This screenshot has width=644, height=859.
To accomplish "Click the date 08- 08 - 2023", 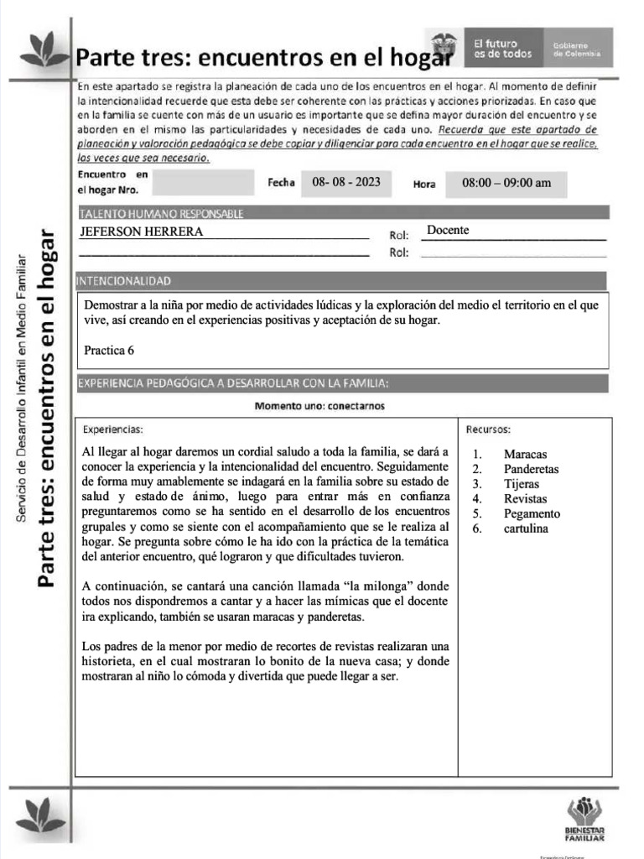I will pyautogui.click(x=345, y=182).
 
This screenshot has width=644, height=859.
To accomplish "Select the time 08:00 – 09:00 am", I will pyautogui.click(x=506, y=183).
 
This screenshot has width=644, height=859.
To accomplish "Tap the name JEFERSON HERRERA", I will pyautogui.click(x=141, y=232).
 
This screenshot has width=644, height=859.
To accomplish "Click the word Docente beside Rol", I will pyautogui.click(x=448, y=230).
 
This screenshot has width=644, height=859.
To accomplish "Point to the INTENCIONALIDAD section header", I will pyautogui.click(x=124, y=280).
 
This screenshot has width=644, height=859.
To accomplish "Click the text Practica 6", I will pyautogui.click(x=109, y=350).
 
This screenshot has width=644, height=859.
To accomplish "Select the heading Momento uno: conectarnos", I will pyautogui.click(x=320, y=406).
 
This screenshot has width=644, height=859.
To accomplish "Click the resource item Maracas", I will pyautogui.click(x=525, y=455).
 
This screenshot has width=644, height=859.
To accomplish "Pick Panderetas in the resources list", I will pyautogui.click(x=531, y=470).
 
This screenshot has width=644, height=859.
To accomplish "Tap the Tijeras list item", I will pyautogui.click(x=522, y=484).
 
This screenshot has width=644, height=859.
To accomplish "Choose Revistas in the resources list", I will pyautogui.click(x=525, y=499).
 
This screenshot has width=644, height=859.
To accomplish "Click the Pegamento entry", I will pyautogui.click(x=532, y=514).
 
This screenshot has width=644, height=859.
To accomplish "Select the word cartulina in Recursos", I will pyautogui.click(x=526, y=529).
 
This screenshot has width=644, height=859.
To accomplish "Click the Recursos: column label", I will pyautogui.click(x=489, y=429).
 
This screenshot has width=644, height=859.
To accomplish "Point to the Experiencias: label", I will pyautogui.click(x=113, y=429).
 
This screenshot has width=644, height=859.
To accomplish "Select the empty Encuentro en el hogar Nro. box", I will pyautogui.click(x=202, y=182).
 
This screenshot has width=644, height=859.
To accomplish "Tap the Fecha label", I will pyautogui.click(x=282, y=183).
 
